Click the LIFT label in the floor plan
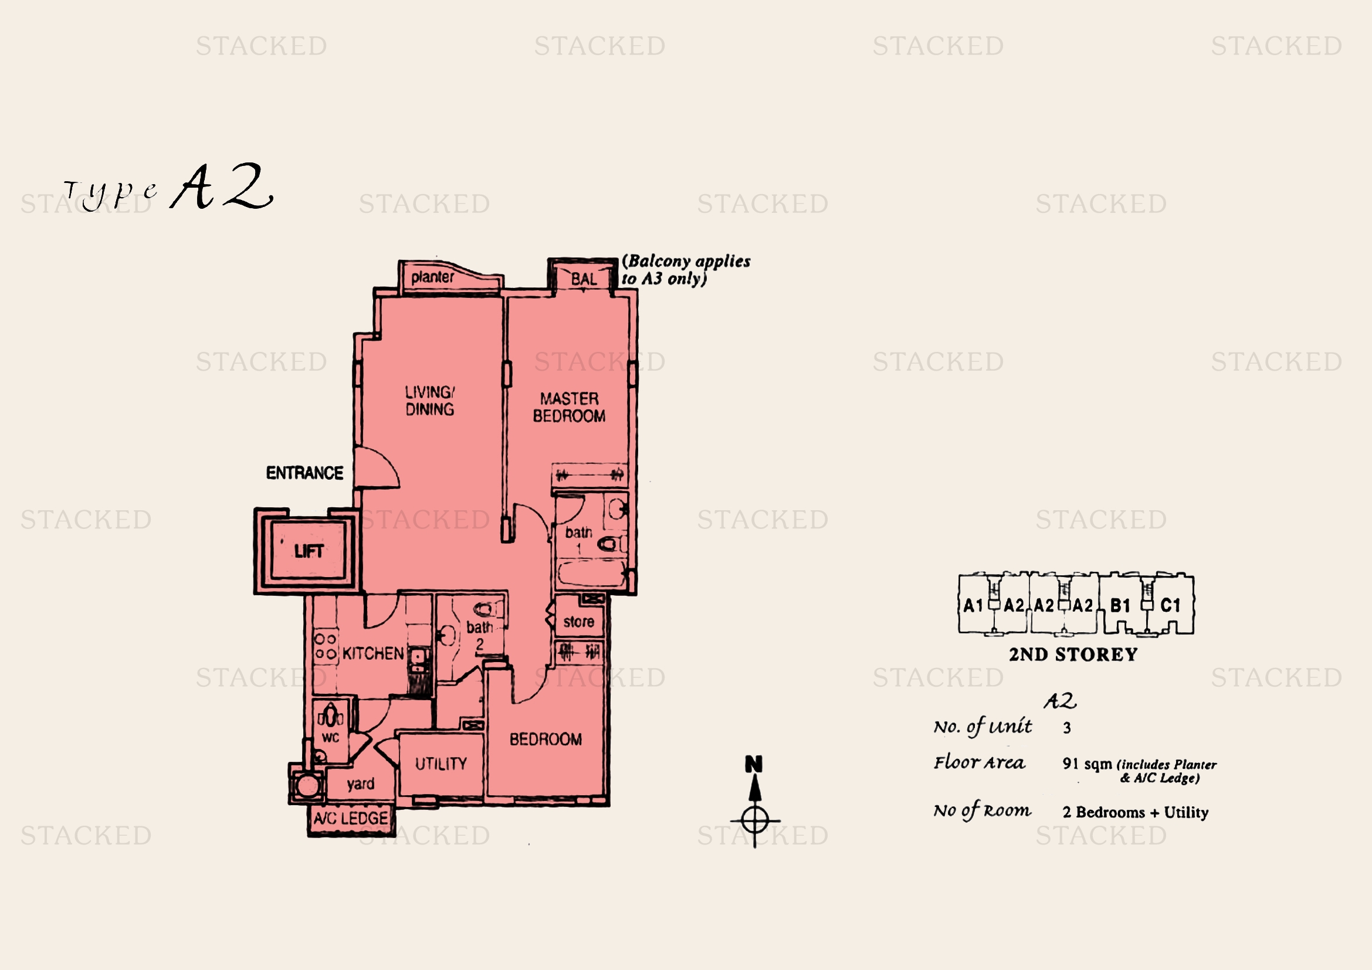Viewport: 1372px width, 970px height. pos(309,551)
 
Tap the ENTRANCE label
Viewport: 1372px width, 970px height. pos(305,473)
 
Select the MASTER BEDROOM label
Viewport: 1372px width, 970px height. pos(570,408)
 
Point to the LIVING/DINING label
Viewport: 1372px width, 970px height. pos(429,401)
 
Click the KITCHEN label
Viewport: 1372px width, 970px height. pos(374,653)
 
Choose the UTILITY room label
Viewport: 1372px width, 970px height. pos(441,764)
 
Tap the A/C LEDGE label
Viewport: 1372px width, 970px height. pos(351,818)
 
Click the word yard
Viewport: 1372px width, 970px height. pos(361,784)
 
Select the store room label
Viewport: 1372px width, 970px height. pos(578,622)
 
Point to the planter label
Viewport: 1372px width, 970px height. pos(433,277)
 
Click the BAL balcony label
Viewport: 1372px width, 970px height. pos(584,279)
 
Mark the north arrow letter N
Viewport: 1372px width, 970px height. pos(754,764)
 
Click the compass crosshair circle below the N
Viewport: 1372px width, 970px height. pos(755,820)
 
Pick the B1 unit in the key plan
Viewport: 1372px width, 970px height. pos(1120,606)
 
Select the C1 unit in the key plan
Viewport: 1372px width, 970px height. pos(1171,606)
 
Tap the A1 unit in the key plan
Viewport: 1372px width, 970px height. pos(974,606)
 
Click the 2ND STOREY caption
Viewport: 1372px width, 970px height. pos(1073,654)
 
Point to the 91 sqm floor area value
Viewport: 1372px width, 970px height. pos(1088,764)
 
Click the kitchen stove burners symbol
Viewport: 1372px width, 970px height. pos(326,646)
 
